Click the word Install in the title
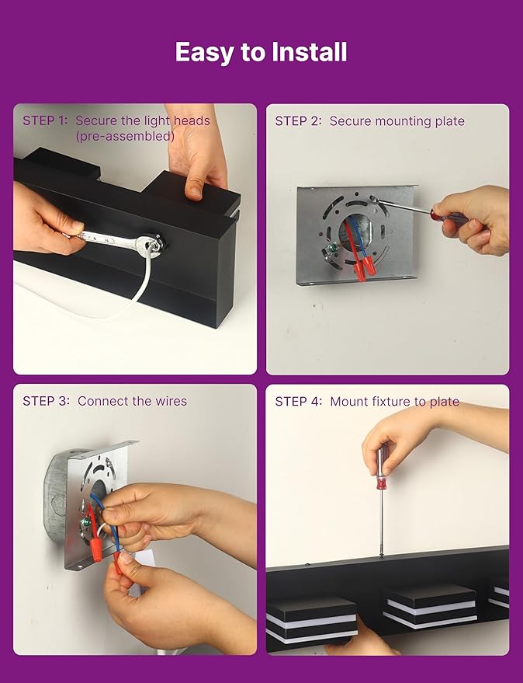click(310, 52)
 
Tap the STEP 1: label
click(45, 120)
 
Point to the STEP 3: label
click(46, 401)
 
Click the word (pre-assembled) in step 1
click(125, 136)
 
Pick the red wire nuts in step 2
click(364, 268)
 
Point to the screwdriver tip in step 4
click(382, 555)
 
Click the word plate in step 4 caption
click(445, 402)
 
